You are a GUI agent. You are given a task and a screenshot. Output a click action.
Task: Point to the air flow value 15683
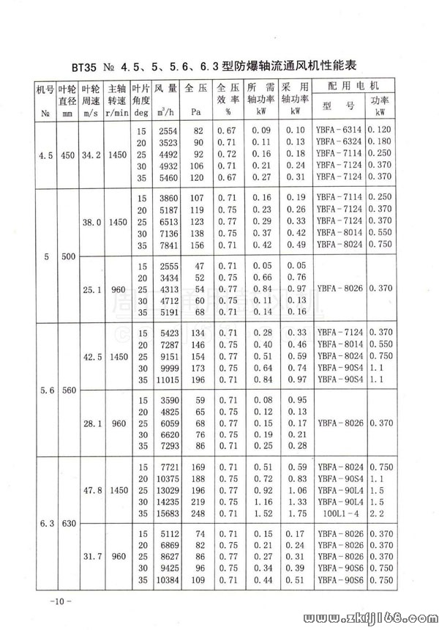coord(166,514)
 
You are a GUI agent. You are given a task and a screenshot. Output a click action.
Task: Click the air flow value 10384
coord(166,581)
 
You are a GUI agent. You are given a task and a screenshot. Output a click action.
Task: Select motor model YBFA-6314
coord(339,130)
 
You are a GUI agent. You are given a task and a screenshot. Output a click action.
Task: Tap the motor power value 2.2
coord(377,514)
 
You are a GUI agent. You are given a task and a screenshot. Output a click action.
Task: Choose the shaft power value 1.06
coord(296,490)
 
